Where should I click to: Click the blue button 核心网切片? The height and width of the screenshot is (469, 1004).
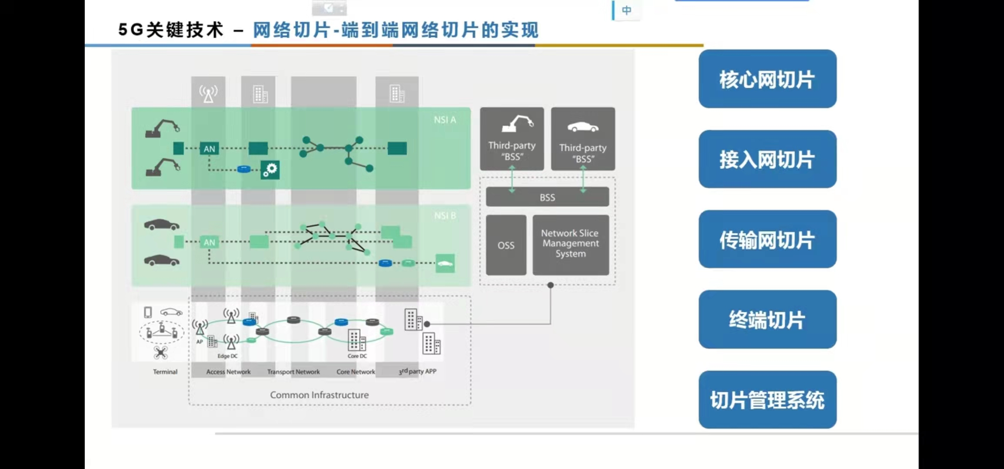click(767, 79)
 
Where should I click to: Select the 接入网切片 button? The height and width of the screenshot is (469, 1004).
click(767, 159)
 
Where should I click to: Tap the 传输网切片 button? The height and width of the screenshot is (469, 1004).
click(767, 239)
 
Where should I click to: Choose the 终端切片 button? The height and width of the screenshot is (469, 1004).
click(767, 319)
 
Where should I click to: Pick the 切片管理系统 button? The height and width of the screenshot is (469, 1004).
click(767, 400)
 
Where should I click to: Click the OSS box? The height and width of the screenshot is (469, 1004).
click(506, 245)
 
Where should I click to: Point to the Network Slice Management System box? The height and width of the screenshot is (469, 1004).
click(570, 244)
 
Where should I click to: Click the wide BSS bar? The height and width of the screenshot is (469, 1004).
click(547, 197)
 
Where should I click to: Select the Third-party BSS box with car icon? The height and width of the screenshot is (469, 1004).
click(583, 139)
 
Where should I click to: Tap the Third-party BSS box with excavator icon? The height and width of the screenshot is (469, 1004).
click(512, 139)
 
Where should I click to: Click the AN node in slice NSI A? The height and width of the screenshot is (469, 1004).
click(209, 149)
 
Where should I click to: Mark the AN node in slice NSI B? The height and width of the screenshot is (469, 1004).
click(209, 242)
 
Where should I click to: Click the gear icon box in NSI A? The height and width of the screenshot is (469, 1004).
click(270, 169)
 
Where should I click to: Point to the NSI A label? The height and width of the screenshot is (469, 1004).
click(445, 120)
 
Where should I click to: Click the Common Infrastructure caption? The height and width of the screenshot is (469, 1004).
click(319, 395)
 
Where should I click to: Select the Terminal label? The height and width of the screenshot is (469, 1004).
click(165, 372)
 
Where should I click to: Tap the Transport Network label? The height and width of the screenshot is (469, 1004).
click(293, 372)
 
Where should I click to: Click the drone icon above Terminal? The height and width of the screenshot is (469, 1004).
click(161, 353)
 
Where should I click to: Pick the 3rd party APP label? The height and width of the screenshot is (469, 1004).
click(418, 371)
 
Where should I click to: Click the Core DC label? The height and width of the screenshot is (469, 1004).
click(357, 356)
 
